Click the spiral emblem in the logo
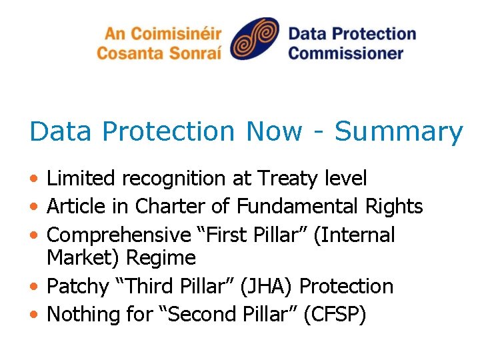coord(254,39)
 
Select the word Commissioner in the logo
coord(346,53)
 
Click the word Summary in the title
coord(398,131)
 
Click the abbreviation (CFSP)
coord(334,315)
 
